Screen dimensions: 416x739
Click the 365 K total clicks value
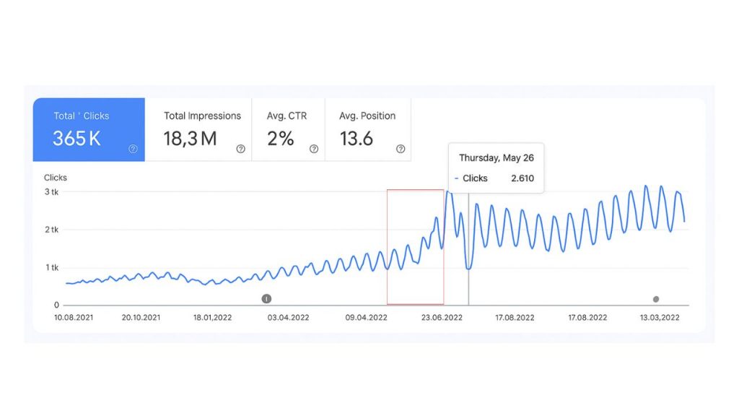[76, 139]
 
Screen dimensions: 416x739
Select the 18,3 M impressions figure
[190, 139]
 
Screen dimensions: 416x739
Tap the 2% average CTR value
[281, 139]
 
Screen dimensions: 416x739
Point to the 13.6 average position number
[357, 139]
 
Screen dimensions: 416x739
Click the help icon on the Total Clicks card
[133, 149]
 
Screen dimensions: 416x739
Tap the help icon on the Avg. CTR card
[314, 149]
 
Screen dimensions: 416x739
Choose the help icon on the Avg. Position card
[401, 149]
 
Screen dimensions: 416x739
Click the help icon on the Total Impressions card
[240, 149]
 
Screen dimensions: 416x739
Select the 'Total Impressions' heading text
[202, 116]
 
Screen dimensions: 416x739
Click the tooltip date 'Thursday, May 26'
[497, 157]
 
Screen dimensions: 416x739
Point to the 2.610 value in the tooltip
[522, 178]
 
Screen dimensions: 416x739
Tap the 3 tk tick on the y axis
[51, 192]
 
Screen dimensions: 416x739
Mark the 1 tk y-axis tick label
[51, 268]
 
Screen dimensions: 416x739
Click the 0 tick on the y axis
[56, 305]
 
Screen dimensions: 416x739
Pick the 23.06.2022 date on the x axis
[442, 317]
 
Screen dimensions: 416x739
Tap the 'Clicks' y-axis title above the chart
[56, 177]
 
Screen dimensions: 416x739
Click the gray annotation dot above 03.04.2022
[266, 298]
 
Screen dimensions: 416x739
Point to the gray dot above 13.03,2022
[656, 299]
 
